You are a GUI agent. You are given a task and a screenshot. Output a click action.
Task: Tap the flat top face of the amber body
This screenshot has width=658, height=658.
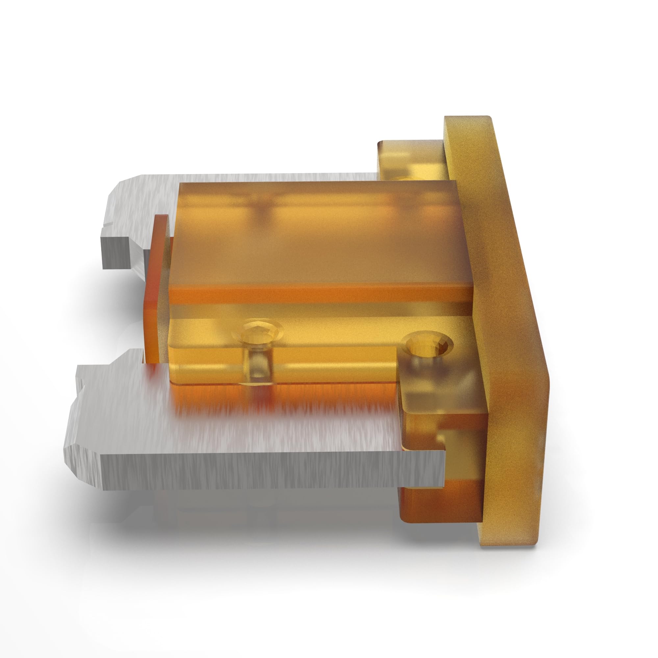pyautogui.click(x=317, y=235)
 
